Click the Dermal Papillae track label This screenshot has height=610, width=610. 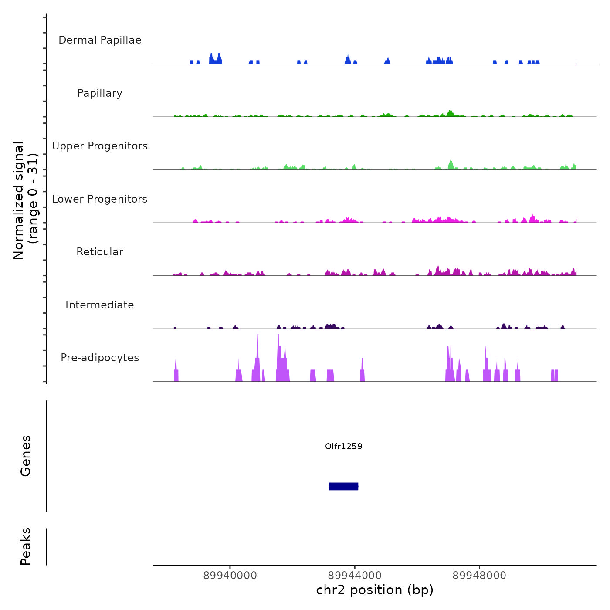pyautogui.click(x=100, y=40)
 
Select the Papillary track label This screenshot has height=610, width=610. pyautogui.click(x=100, y=93)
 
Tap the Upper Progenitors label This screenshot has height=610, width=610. pyautogui.click(x=100, y=146)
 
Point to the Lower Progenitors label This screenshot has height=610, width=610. pyautogui.click(x=100, y=199)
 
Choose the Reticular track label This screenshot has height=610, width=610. pyautogui.click(x=100, y=252)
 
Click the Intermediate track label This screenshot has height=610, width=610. pyautogui.click(x=100, y=305)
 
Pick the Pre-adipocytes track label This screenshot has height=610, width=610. pyautogui.click(x=100, y=358)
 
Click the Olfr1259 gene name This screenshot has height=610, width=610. pyautogui.click(x=344, y=446)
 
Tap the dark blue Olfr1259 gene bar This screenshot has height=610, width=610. pyautogui.click(x=344, y=486)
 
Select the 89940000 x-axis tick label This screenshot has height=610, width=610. pyautogui.click(x=230, y=576)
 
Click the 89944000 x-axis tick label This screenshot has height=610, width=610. pyautogui.click(x=355, y=576)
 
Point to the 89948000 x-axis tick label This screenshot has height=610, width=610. pyautogui.click(x=479, y=576)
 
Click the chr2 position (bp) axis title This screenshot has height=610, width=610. pyautogui.click(x=375, y=590)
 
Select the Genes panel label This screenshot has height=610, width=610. pyautogui.click(x=25, y=456)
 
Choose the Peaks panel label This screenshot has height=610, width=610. pyautogui.click(x=25, y=546)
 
